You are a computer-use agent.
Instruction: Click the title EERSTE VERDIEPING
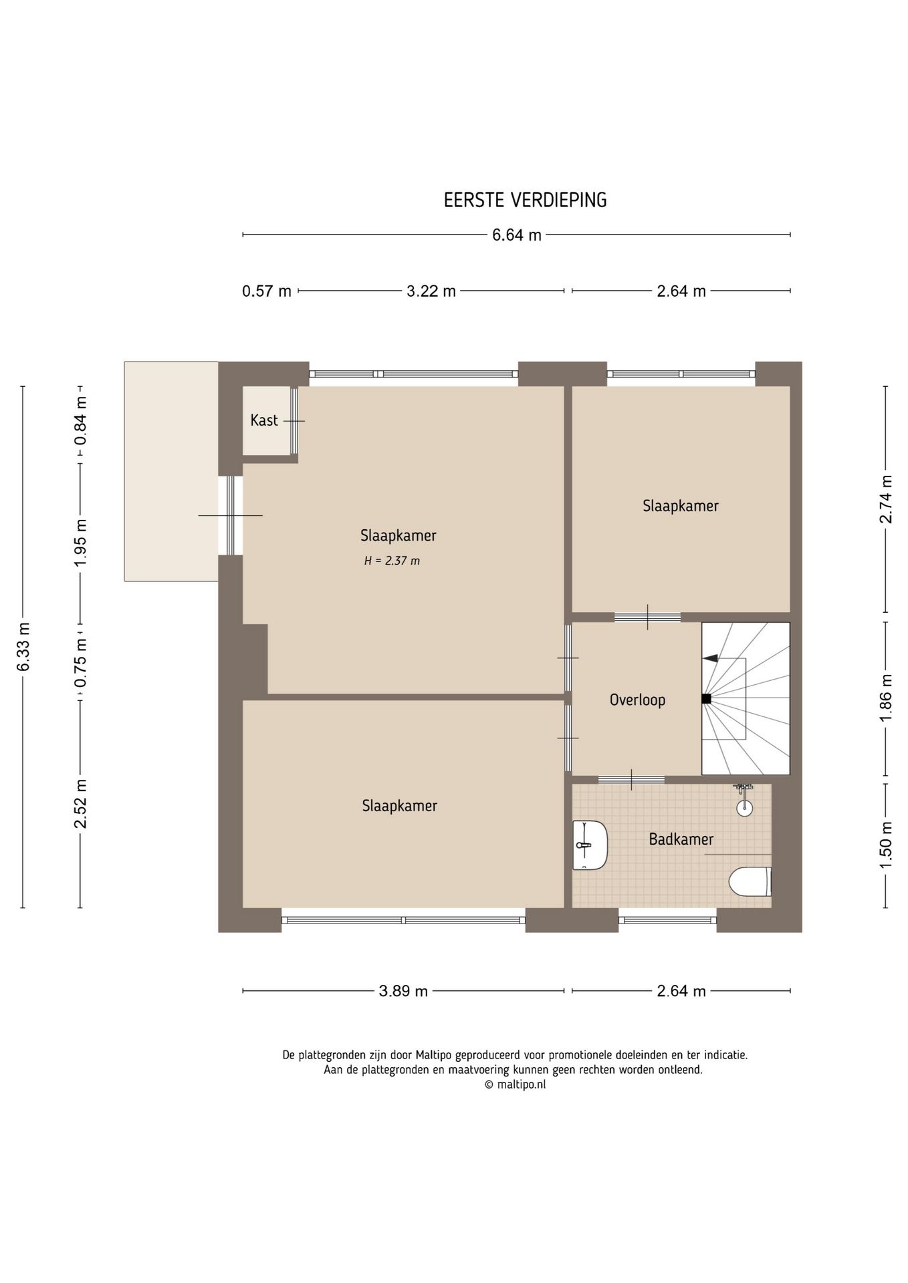pyautogui.click(x=525, y=200)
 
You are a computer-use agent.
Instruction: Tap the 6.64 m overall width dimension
pyautogui.click(x=517, y=235)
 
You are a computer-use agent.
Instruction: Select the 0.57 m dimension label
pyautogui.click(x=267, y=291)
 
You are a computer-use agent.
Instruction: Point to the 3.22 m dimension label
pyautogui.click(x=431, y=291)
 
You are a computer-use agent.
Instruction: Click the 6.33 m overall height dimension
pyautogui.click(x=23, y=647)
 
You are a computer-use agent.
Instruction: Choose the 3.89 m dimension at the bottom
pyautogui.click(x=403, y=990)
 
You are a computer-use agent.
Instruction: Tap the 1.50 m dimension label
pyautogui.click(x=887, y=845)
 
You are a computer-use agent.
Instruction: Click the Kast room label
pyautogui.click(x=264, y=420)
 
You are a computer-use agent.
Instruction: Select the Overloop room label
pyautogui.click(x=637, y=700)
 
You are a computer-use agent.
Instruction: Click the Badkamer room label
pyautogui.click(x=681, y=839)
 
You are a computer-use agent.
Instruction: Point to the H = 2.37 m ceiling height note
pyautogui.click(x=392, y=561)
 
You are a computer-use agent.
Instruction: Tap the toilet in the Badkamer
pyautogui.click(x=750, y=881)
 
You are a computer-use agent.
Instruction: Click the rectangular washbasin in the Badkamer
pyautogui.click(x=590, y=845)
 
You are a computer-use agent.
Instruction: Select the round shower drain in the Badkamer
pyautogui.click(x=744, y=808)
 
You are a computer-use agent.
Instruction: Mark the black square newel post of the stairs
pyautogui.click(x=706, y=698)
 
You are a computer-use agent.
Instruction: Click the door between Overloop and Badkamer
pyautogui.click(x=631, y=779)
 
